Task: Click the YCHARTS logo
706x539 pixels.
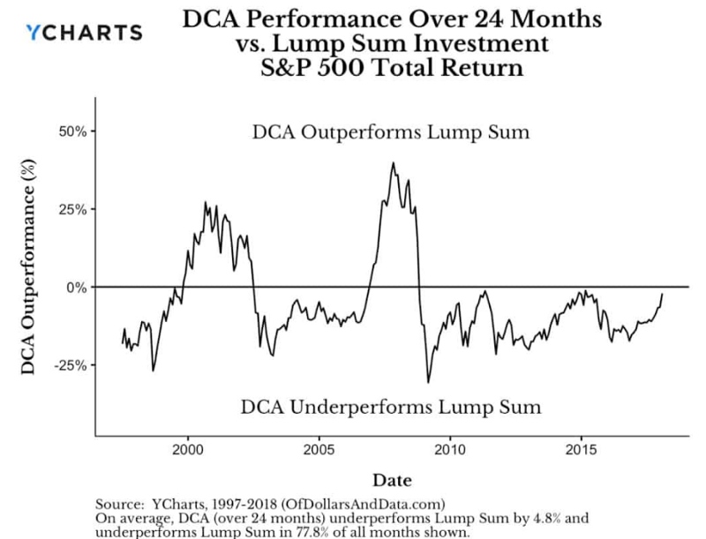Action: pyautogui.click(x=84, y=33)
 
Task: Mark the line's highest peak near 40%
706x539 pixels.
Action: pyautogui.click(x=394, y=163)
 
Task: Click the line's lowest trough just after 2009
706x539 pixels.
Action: pyautogui.click(x=429, y=382)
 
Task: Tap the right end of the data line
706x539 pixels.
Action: pyautogui.click(x=662, y=294)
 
